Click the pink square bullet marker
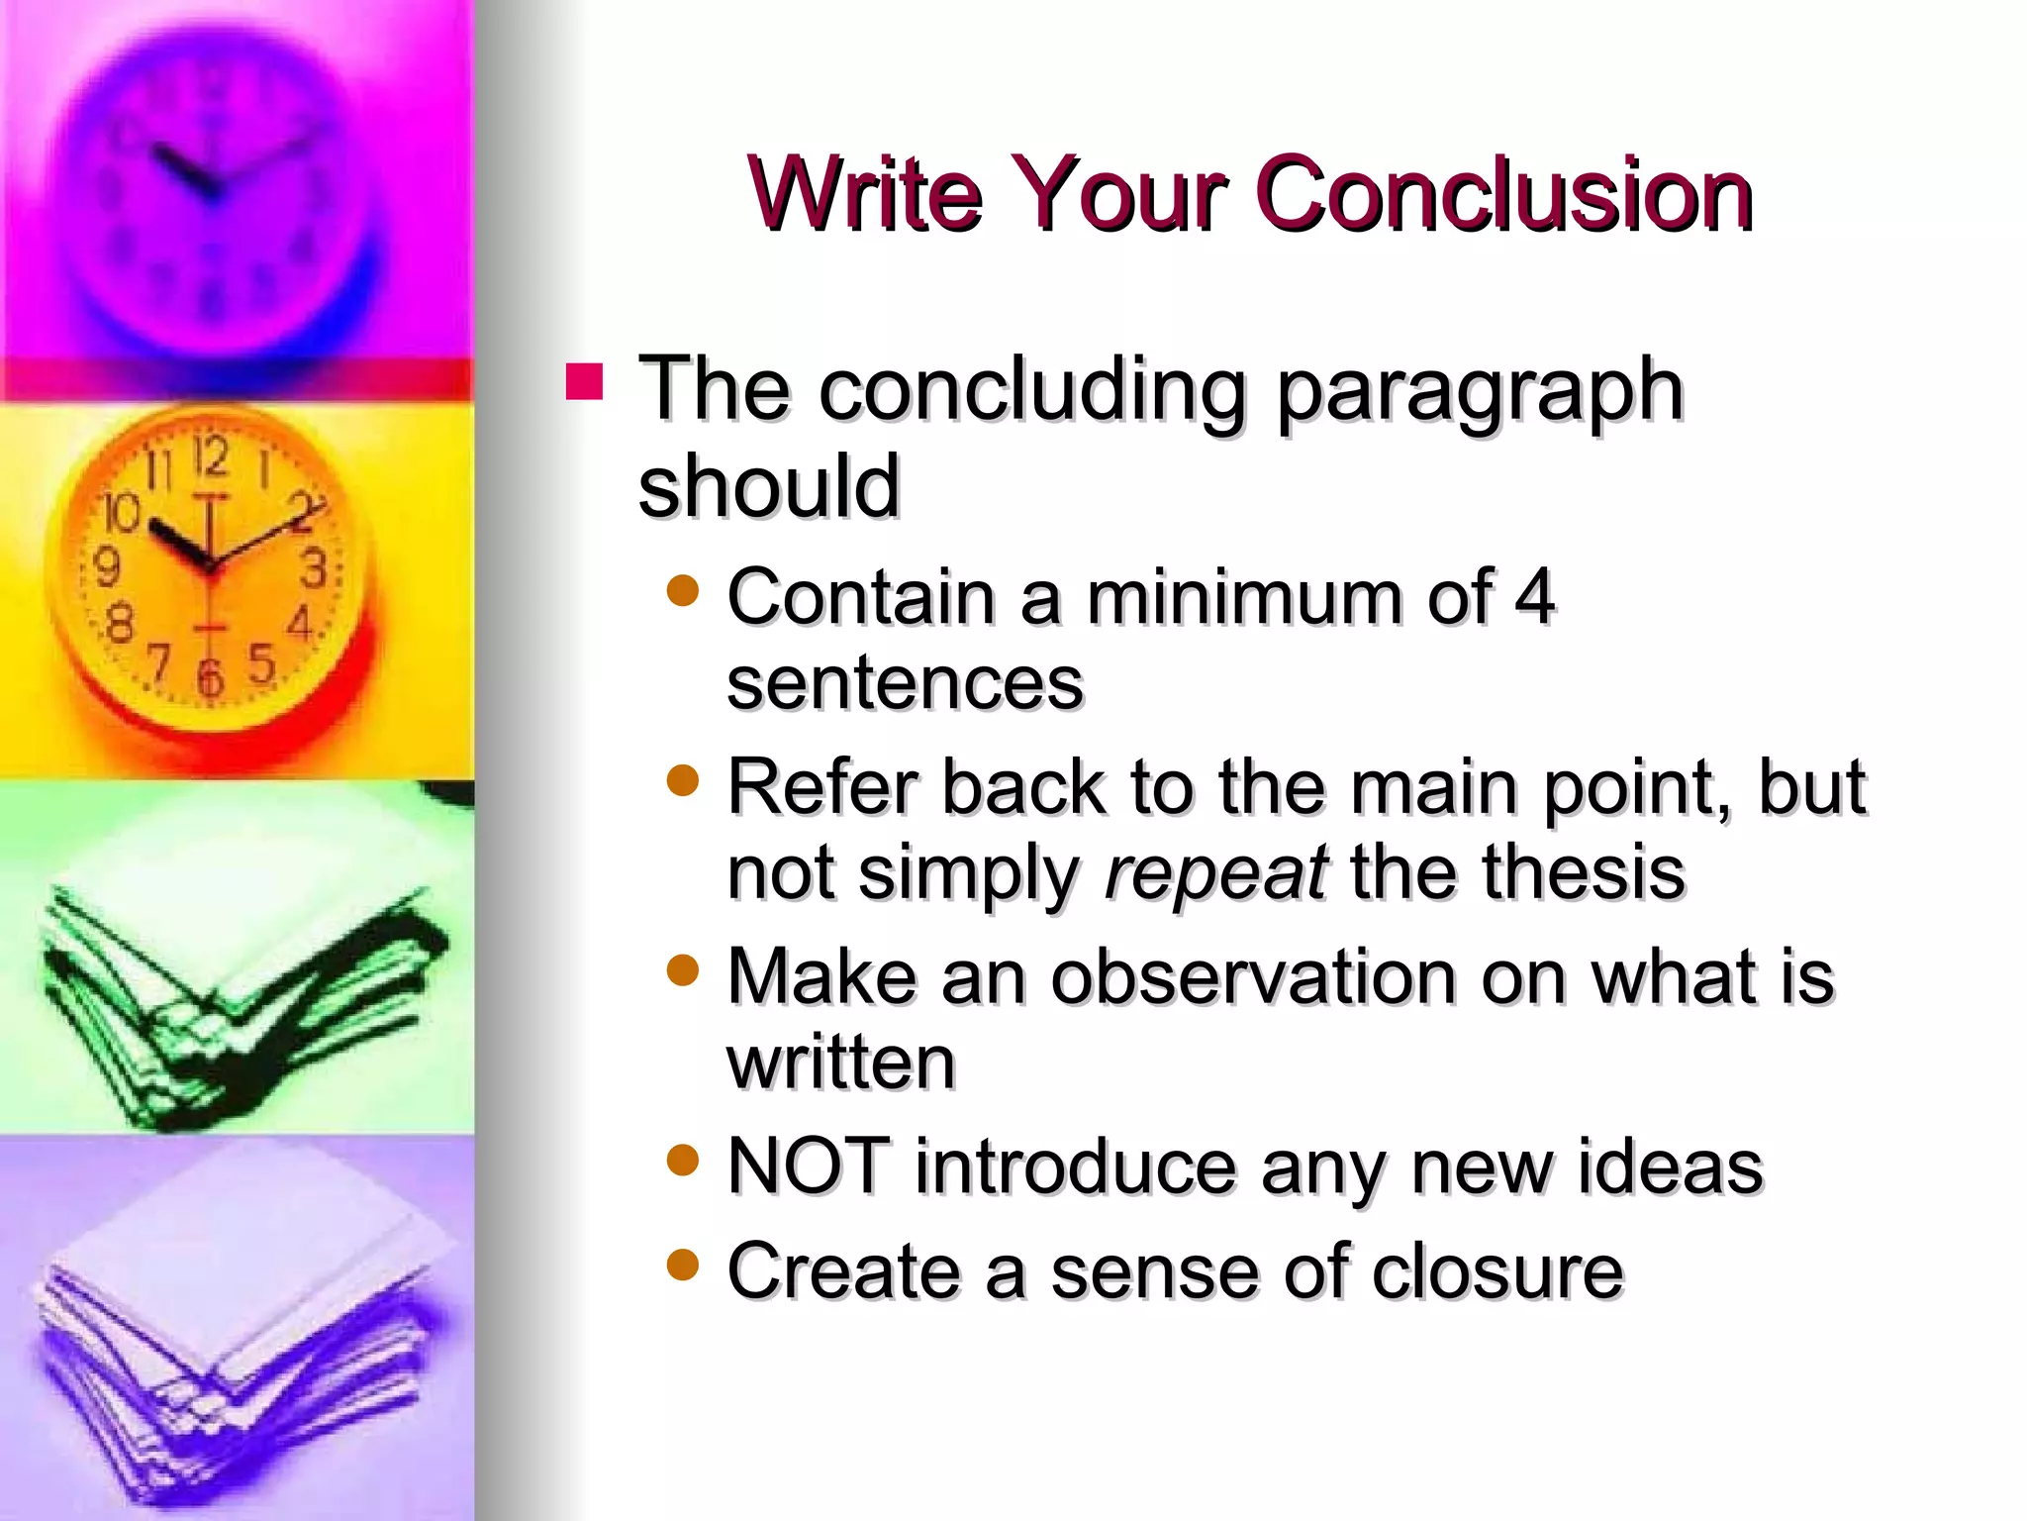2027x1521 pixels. (x=584, y=382)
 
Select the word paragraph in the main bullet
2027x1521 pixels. (x=1480, y=391)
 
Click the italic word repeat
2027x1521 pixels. (x=1215, y=872)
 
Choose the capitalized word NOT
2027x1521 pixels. (x=808, y=1166)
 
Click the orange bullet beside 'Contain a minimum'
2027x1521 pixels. (x=683, y=591)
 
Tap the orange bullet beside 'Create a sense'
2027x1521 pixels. (x=683, y=1265)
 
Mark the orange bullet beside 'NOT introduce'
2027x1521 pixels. (x=683, y=1159)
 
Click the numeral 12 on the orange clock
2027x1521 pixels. (x=210, y=457)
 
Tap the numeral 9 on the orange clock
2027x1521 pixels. (x=106, y=568)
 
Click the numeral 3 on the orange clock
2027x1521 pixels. (x=314, y=568)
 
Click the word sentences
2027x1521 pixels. (x=906, y=683)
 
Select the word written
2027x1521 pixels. (x=841, y=1063)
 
